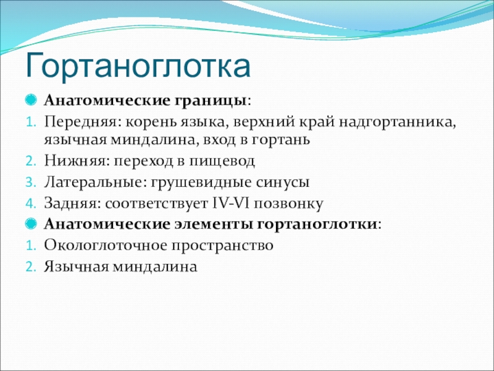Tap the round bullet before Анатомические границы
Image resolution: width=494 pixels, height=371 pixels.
[x=31, y=100]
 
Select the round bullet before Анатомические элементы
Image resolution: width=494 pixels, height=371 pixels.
[x=31, y=224]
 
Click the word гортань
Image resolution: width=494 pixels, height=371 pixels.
[x=280, y=140]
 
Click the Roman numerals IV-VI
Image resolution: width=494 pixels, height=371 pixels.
[x=230, y=203]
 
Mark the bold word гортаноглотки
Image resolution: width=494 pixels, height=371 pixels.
[x=317, y=224]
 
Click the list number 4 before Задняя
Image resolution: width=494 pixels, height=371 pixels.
[x=30, y=204]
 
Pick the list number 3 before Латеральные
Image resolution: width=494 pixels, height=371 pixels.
[x=30, y=182]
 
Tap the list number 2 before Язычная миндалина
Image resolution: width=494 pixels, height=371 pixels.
[x=30, y=267]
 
